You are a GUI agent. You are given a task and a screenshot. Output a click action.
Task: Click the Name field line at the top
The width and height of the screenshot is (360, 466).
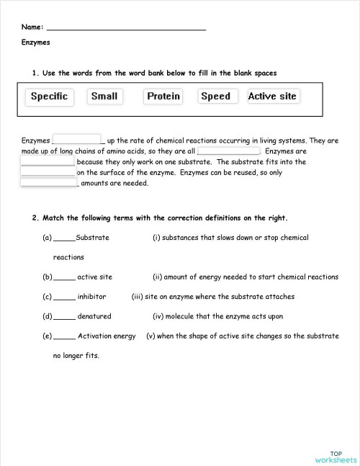tap(126, 28)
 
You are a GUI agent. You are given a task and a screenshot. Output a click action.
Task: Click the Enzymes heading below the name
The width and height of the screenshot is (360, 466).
tap(36, 42)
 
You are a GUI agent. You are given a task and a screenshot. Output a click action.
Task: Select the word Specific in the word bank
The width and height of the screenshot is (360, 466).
tap(49, 97)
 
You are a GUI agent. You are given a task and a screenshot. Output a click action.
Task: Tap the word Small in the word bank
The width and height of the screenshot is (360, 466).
tap(104, 97)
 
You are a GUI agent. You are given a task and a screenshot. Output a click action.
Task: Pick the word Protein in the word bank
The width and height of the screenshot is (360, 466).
tap(163, 97)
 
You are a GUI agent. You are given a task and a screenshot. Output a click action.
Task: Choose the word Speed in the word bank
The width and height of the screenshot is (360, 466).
tap(216, 97)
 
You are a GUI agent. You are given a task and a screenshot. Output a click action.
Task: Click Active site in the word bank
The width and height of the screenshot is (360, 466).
tap(272, 97)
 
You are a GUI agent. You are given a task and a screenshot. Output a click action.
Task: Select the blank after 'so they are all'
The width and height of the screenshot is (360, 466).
tap(228, 151)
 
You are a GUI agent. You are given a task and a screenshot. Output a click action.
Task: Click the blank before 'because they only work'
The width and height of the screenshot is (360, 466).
tap(48, 161)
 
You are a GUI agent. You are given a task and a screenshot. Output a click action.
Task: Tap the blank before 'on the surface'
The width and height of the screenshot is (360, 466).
tap(48, 172)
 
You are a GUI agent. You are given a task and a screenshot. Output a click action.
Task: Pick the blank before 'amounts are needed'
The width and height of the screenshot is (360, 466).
tap(49, 183)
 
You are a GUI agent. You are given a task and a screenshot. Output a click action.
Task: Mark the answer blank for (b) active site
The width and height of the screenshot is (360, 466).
tap(64, 277)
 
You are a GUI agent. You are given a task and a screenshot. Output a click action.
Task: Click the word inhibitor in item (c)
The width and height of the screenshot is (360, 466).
tap(91, 296)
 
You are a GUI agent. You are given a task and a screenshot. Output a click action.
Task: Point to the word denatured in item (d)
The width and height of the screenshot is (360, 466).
tap(94, 315)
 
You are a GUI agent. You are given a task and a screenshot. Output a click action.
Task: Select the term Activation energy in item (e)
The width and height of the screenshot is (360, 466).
tap(107, 336)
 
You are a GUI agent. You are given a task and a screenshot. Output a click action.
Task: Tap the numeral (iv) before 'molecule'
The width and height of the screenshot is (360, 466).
tap(160, 315)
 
